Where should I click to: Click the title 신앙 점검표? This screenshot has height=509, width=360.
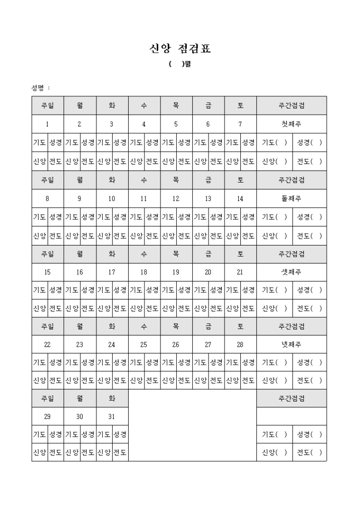click(x=180, y=49)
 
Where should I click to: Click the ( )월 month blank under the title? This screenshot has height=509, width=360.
click(x=180, y=65)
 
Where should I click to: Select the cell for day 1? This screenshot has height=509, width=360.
click(x=47, y=124)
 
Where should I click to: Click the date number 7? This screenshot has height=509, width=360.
click(x=240, y=124)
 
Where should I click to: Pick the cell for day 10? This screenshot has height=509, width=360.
click(x=112, y=198)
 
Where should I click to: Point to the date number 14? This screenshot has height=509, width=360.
click(x=240, y=198)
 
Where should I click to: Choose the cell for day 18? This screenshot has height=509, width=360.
click(x=143, y=272)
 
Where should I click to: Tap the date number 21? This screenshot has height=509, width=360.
click(x=240, y=272)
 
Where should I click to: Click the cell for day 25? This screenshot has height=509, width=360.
click(x=143, y=344)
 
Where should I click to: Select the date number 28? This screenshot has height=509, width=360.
click(x=240, y=344)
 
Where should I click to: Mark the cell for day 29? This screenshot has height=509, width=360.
click(x=47, y=416)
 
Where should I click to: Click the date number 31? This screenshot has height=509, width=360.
click(x=112, y=416)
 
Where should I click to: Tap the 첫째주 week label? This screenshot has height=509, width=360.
click(x=292, y=124)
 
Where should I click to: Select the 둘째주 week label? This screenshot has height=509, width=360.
click(x=292, y=198)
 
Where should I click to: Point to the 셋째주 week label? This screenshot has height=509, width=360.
click(x=292, y=272)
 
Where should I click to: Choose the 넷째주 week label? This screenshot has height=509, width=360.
click(x=292, y=344)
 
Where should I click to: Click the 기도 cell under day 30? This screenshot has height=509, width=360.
click(x=71, y=434)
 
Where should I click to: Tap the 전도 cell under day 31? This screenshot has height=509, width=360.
click(x=120, y=452)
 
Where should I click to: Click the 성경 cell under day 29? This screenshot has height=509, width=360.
click(x=56, y=434)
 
